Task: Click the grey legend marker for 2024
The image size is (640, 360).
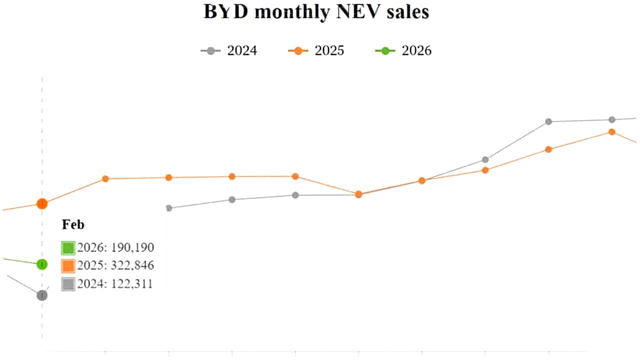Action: tap(210, 51)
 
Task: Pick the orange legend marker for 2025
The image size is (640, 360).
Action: tap(298, 51)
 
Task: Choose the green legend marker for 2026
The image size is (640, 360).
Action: tap(385, 51)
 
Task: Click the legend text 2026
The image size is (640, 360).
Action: tap(416, 51)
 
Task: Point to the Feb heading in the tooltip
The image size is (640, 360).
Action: tap(73, 225)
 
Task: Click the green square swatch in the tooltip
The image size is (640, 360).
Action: tap(68, 248)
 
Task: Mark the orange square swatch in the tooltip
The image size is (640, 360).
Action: tap(68, 265)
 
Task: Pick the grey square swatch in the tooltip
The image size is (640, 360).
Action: tap(68, 284)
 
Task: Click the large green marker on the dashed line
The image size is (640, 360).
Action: tap(42, 264)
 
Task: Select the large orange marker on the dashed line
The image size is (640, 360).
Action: tap(42, 203)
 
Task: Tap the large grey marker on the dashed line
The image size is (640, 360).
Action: tap(42, 295)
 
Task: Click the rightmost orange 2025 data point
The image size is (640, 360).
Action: tap(611, 132)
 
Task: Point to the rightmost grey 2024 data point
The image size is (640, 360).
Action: tap(611, 119)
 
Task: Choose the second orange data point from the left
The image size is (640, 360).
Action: tap(105, 178)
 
